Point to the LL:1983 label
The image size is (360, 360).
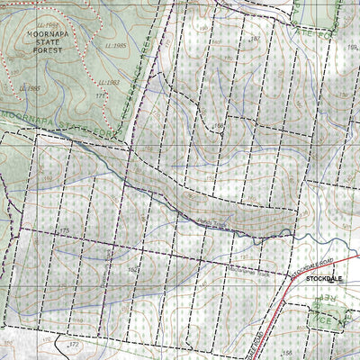click(x=109, y=83)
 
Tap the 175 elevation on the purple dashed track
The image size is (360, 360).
click(x=65, y=232)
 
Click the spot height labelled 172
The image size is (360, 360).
click(x=75, y=344)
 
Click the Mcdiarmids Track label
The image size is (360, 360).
click(x=243, y=267)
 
